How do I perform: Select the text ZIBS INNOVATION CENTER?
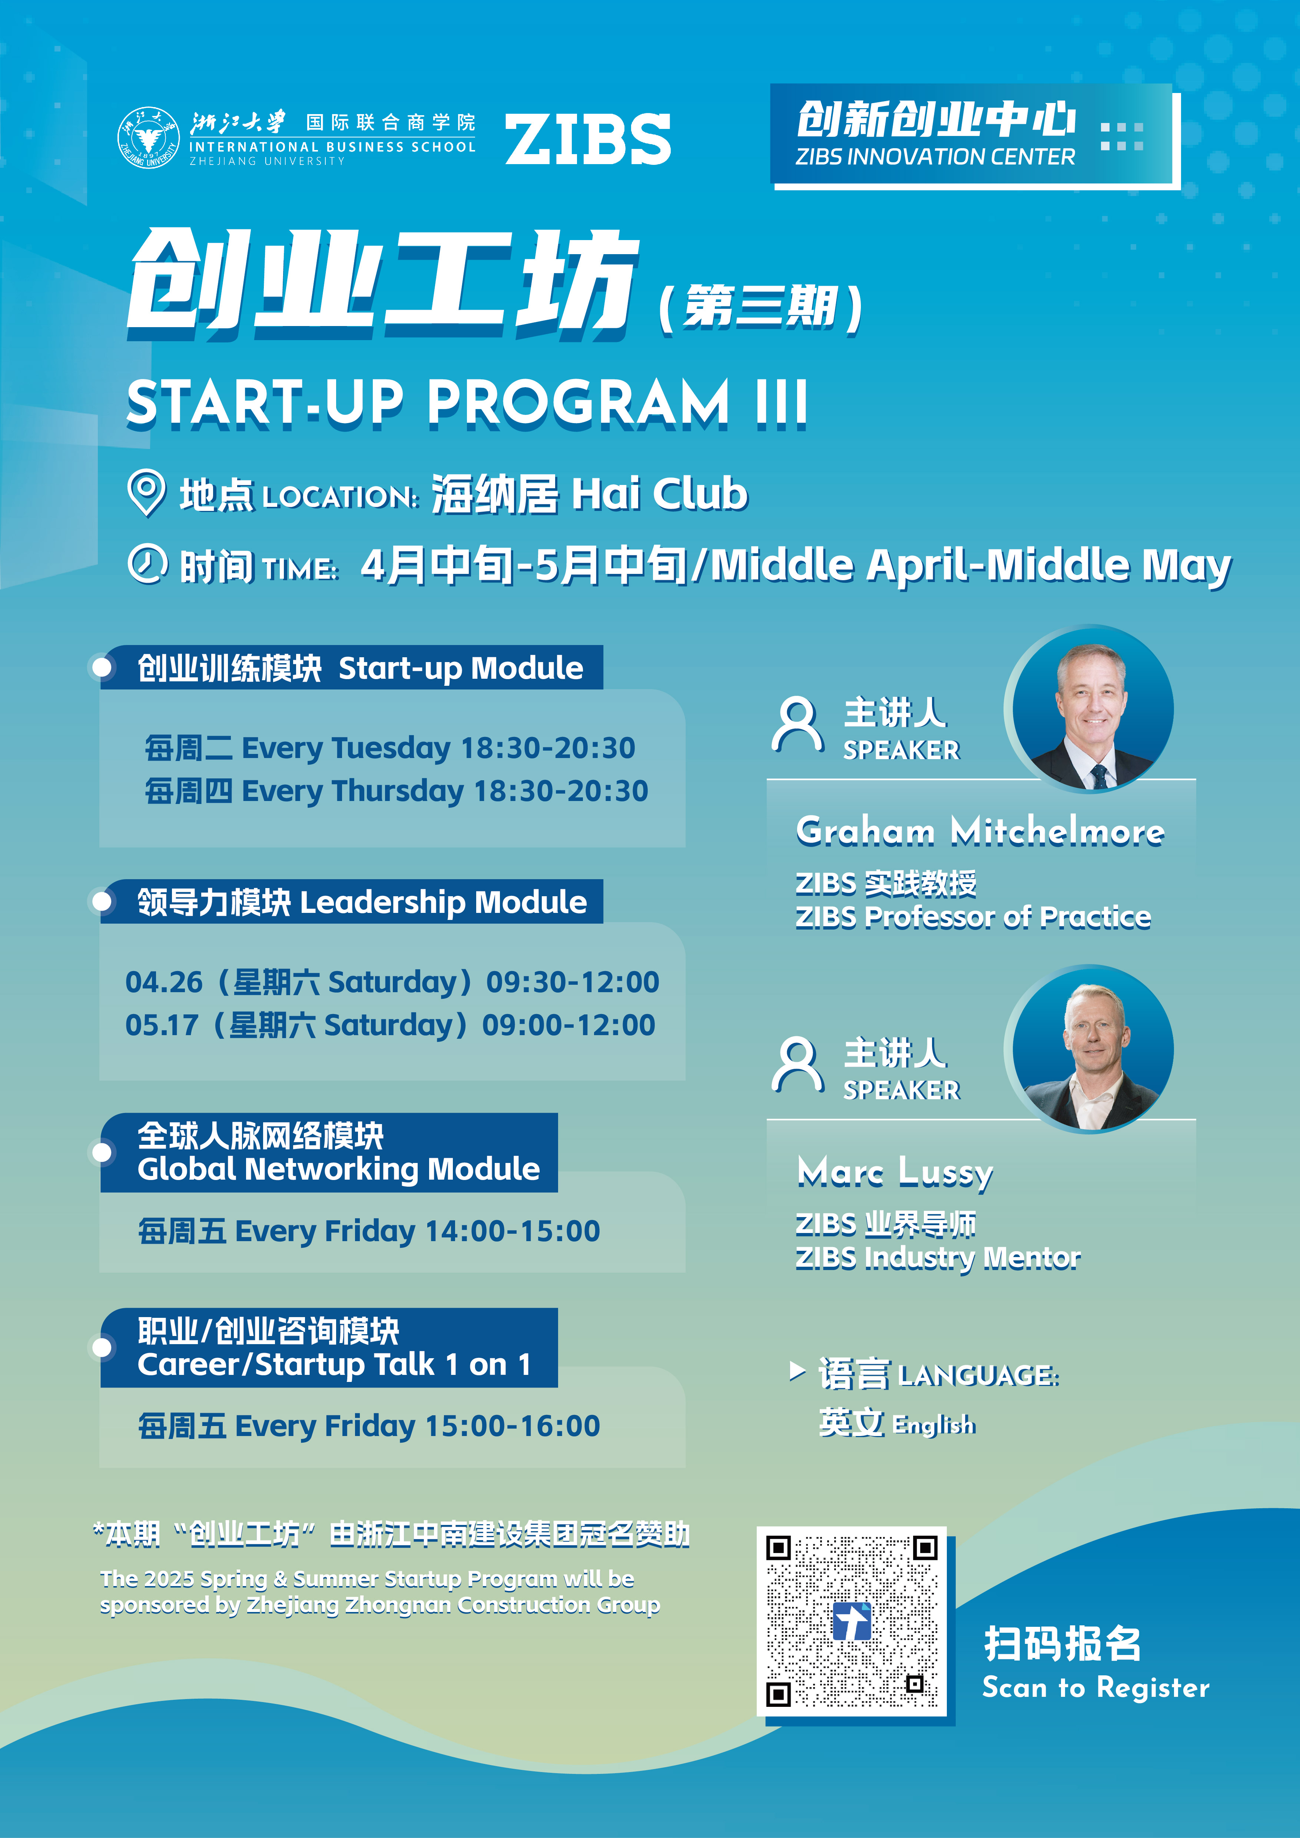(935, 157)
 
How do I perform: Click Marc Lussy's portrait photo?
(1093, 1050)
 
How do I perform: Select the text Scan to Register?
(1096, 1688)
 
